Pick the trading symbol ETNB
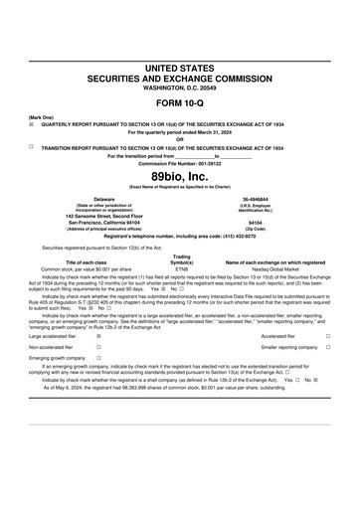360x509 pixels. pos(182,268)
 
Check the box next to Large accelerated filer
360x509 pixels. pos(98,337)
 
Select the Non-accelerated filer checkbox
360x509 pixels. pos(98,347)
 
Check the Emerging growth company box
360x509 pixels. pos(98,358)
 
